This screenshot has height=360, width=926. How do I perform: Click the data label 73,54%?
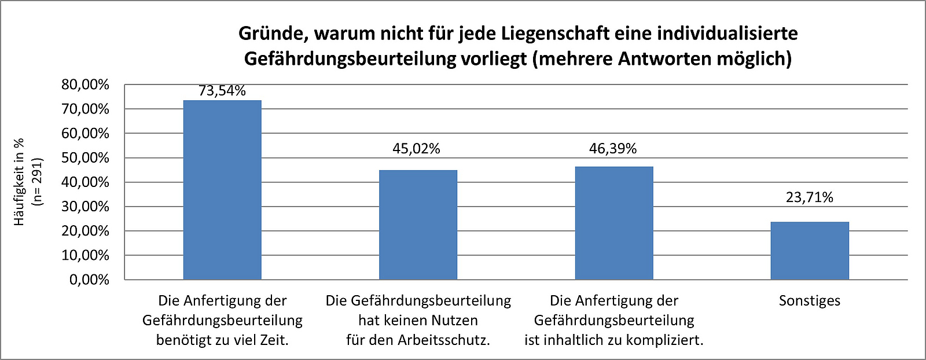click(222, 91)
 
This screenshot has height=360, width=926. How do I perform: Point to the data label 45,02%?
click(417, 149)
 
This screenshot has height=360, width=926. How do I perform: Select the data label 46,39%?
click(613, 149)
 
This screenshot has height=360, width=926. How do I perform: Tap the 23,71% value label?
click(810, 197)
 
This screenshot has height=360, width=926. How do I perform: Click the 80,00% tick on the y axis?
click(85, 85)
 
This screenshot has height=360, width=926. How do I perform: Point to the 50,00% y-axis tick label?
click(85, 158)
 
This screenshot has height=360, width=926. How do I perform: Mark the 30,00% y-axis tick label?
click(85, 207)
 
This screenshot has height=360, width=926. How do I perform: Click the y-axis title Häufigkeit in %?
click(20, 182)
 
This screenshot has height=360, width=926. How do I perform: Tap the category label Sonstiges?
click(810, 300)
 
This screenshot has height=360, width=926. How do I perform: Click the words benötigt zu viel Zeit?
click(222, 340)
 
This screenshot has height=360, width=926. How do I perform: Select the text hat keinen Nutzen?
click(418, 320)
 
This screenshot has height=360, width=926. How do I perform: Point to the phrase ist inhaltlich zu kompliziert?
click(614, 340)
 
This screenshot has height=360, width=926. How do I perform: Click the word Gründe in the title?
click(272, 34)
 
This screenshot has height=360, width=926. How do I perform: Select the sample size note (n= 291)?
click(38, 182)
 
